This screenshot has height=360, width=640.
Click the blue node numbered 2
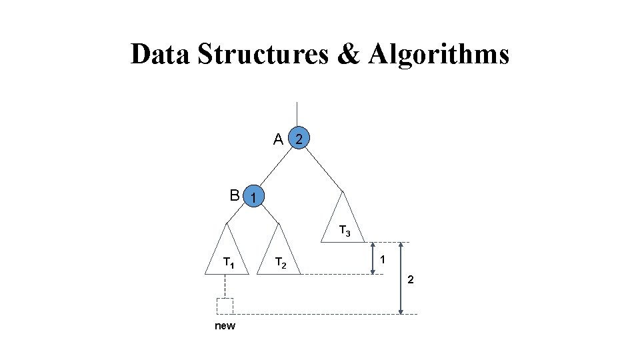pyautogui.click(x=300, y=139)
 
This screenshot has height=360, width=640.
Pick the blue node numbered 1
pyautogui.click(x=254, y=197)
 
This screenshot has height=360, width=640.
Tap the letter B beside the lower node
pyautogui.click(x=234, y=195)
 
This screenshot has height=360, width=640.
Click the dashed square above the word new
pyautogui.click(x=225, y=306)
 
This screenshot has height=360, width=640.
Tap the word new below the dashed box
pyautogui.click(x=225, y=326)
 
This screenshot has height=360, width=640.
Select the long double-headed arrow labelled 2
pyautogui.click(x=401, y=278)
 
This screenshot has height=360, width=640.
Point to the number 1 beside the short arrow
pyautogui.click(x=383, y=259)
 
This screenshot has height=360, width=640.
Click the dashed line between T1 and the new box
pyautogui.click(x=225, y=286)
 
